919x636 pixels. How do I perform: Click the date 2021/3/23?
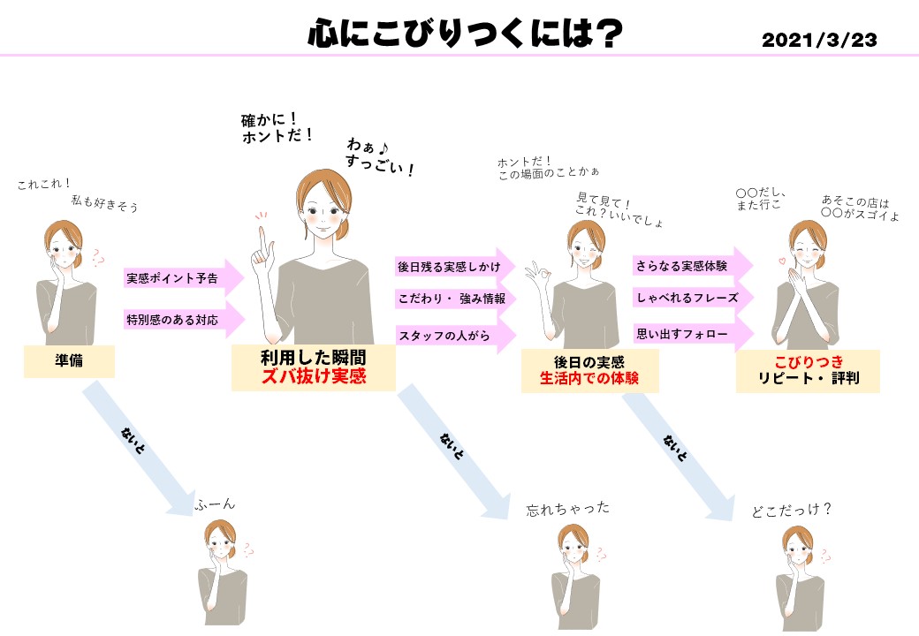pyautogui.click(x=819, y=40)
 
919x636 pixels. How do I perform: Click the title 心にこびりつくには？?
pyautogui.click(x=466, y=35)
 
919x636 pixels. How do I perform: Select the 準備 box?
pyautogui.click(x=68, y=360)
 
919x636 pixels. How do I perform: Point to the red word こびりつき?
pyautogui.click(x=808, y=361)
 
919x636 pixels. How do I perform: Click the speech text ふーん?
pyautogui.click(x=216, y=504)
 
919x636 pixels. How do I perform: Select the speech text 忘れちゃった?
pyautogui.click(x=567, y=510)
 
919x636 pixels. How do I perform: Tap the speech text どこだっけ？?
pyautogui.click(x=791, y=510)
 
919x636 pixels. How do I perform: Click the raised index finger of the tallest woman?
pyautogui.click(x=262, y=235)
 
